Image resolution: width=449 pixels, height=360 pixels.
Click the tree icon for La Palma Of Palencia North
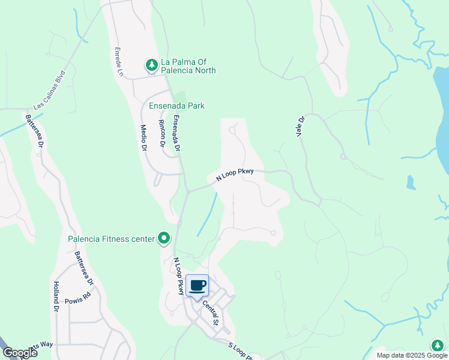tap(152, 64)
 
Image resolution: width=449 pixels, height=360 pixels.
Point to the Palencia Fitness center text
tap(111, 239)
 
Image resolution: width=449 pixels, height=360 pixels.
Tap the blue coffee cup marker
tap(197, 286)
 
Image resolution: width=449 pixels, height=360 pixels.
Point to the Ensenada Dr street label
tap(176, 133)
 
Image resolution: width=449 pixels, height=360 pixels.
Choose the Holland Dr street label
tap(56, 297)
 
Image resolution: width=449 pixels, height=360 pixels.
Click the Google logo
tap(20, 353)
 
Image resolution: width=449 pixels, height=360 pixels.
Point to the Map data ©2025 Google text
tap(411, 355)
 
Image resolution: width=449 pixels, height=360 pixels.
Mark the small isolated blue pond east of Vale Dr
tap(411, 182)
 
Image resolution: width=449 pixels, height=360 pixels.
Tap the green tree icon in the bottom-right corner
tap(438, 345)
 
